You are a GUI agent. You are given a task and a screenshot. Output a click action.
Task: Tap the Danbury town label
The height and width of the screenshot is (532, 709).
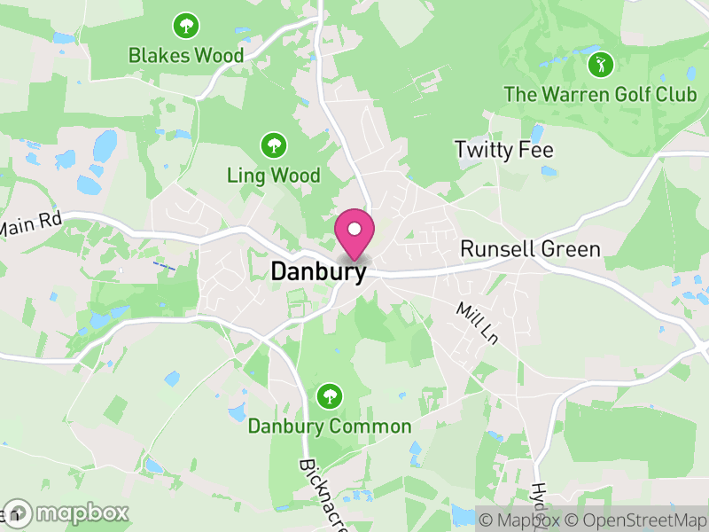[x=317, y=271]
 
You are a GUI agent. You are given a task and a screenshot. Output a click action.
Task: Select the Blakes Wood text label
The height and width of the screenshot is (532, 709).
[x=186, y=55]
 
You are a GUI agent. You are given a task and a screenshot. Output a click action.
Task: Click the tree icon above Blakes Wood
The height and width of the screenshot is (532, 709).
[x=186, y=25]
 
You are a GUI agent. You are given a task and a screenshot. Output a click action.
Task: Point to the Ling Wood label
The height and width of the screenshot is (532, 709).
[x=273, y=176]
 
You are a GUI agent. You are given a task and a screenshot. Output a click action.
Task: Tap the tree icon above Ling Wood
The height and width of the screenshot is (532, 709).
[x=273, y=145]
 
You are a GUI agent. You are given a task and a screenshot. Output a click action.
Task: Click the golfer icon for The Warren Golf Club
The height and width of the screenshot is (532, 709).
[x=601, y=64]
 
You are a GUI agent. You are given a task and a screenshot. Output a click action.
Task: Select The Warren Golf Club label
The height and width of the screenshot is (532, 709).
[x=600, y=94]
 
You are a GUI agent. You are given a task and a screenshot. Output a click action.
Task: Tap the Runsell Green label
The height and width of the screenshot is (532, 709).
[x=531, y=249]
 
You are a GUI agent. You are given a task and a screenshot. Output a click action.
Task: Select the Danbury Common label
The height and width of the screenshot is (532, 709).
[x=330, y=426]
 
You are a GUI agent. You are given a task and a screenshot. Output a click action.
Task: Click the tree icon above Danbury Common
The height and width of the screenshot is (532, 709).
[x=330, y=395]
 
